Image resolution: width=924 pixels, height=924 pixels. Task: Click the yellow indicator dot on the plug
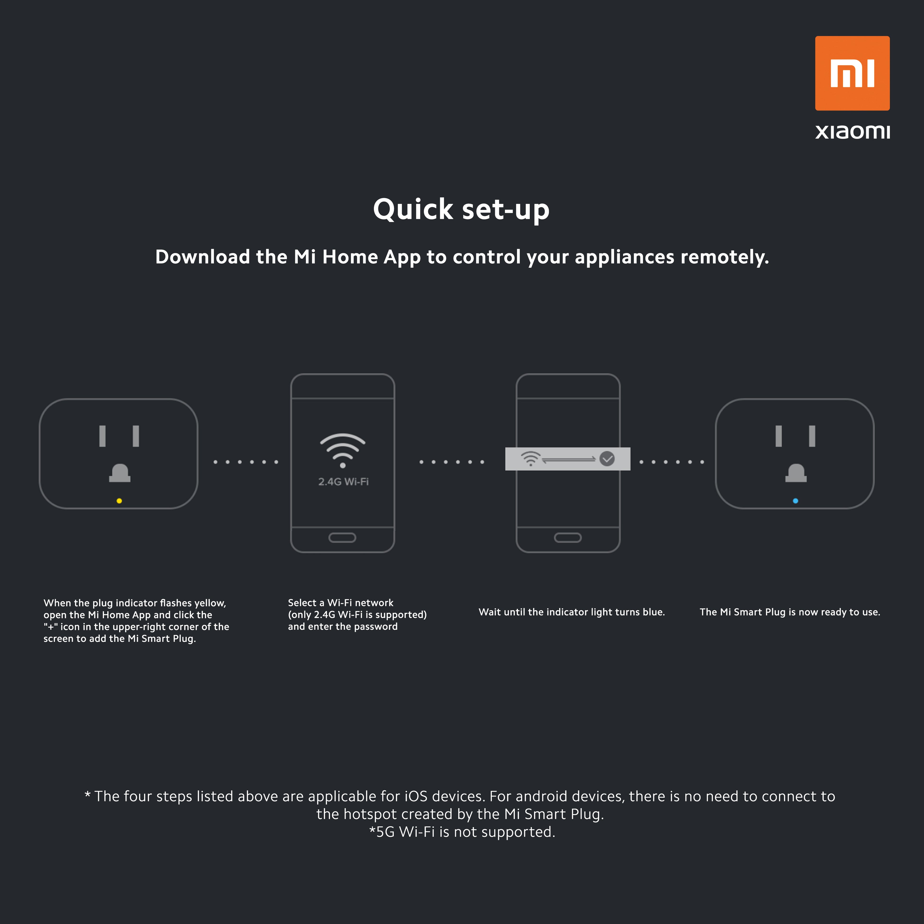coord(119,501)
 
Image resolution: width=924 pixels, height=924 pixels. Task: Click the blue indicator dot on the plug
coord(795,501)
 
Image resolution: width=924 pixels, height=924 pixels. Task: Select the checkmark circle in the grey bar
coord(607,459)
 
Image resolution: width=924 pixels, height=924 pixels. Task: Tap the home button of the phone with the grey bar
coord(568,538)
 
